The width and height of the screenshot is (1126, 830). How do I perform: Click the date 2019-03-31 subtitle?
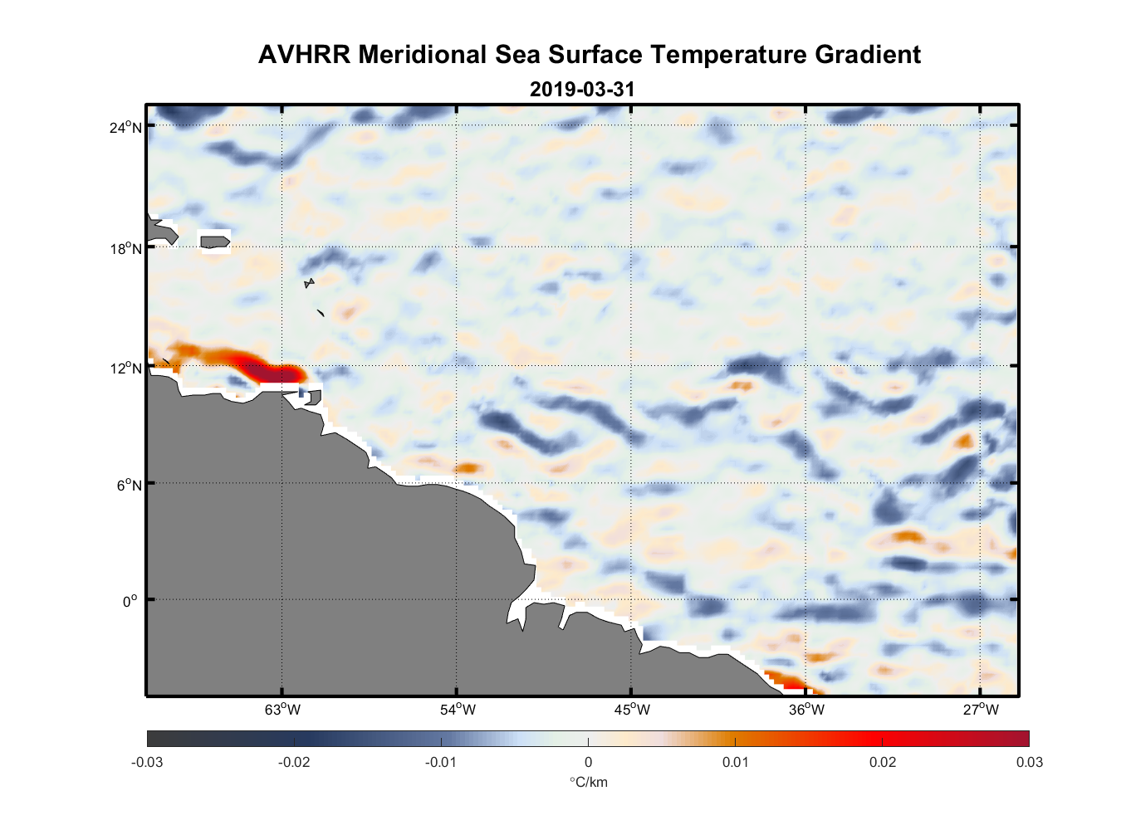[582, 89]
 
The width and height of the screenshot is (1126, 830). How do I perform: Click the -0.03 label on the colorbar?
[147, 762]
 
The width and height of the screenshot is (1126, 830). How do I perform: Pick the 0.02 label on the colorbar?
[882, 762]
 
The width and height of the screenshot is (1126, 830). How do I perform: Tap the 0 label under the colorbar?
[588, 762]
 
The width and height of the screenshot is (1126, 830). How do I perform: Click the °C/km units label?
[588, 782]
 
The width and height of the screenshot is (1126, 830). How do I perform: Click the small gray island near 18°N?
[215, 242]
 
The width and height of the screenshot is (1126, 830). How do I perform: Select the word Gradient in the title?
[868, 55]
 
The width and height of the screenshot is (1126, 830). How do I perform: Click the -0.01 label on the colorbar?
[441, 762]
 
